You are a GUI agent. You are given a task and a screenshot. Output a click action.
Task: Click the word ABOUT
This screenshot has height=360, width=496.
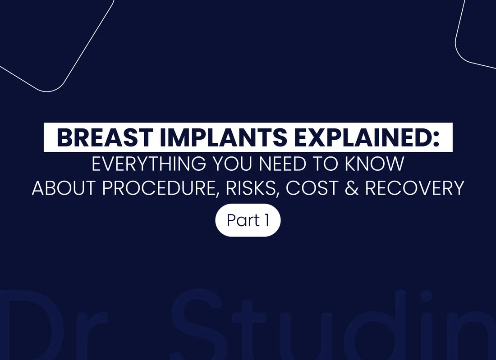(x=64, y=188)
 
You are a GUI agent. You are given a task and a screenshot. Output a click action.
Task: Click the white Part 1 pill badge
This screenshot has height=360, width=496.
(x=248, y=221)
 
